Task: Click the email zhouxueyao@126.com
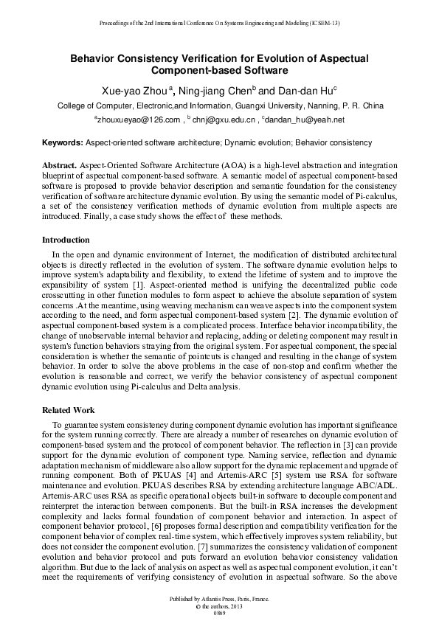click(139, 119)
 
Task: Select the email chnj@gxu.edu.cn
click(224, 119)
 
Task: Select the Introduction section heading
click(66, 240)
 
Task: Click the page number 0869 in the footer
click(219, 614)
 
